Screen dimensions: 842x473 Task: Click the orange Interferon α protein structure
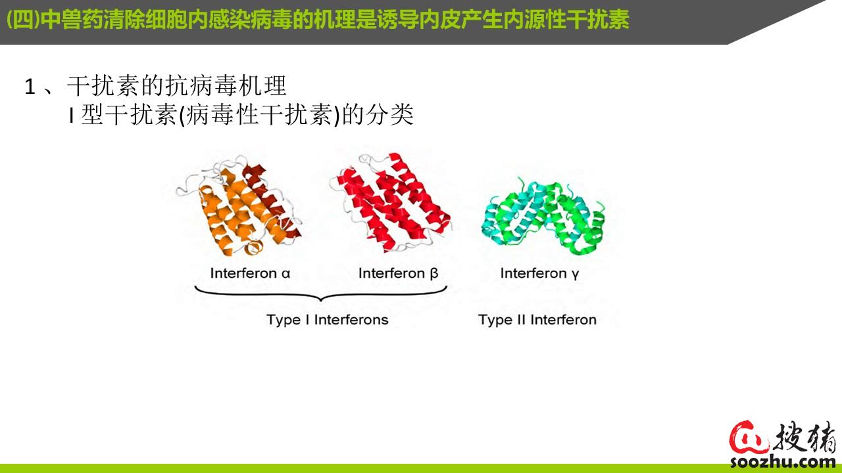[238, 206]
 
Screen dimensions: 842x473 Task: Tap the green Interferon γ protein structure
[543, 217]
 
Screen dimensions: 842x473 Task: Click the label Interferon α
[250, 273]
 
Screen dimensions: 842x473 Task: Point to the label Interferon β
[399, 273]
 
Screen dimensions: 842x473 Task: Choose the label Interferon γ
[540, 273]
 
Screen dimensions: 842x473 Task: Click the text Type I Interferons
[327, 320]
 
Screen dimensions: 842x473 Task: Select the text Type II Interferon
[537, 320]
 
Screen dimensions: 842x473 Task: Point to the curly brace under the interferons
[320, 294]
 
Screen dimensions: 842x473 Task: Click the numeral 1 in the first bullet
[30, 87]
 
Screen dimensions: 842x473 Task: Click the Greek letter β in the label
[434, 274]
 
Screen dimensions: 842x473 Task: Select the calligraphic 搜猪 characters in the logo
[805, 438]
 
